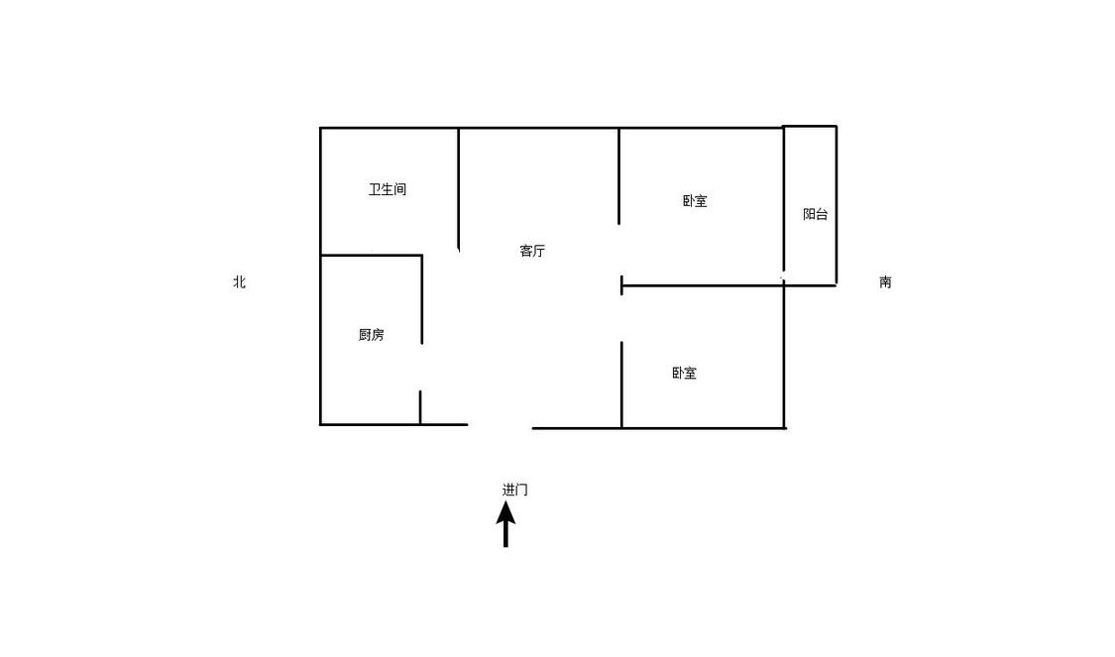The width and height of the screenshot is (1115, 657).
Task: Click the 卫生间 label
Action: click(387, 189)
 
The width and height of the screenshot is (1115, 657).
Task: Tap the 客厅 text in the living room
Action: click(532, 251)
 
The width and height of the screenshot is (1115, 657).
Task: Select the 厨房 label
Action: click(372, 334)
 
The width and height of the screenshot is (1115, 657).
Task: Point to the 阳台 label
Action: click(815, 214)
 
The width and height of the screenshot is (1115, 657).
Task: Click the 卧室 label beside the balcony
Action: click(695, 200)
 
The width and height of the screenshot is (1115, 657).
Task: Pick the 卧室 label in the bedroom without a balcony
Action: click(684, 373)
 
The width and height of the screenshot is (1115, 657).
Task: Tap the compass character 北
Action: click(240, 281)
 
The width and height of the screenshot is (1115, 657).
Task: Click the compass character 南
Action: click(885, 281)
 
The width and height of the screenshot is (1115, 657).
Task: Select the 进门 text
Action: click(514, 490)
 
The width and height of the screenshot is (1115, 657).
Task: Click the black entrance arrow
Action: click(505, 524)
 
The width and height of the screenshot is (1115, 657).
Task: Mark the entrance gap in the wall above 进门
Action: click(500, 427)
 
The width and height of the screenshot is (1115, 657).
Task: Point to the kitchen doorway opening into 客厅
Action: click(421, 368)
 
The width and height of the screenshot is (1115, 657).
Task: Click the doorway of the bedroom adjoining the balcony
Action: click(620, 251)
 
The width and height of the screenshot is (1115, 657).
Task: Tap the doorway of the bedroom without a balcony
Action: click(621, 318)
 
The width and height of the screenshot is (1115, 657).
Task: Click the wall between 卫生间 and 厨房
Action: click(372, 256)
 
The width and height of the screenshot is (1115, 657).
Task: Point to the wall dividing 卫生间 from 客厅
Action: click(459, 189)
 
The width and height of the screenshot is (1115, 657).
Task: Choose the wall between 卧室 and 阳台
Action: click(784, 199)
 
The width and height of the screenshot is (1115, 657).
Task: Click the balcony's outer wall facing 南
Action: click(836, 205)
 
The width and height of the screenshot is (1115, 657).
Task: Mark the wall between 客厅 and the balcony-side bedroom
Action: click(619, 176)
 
